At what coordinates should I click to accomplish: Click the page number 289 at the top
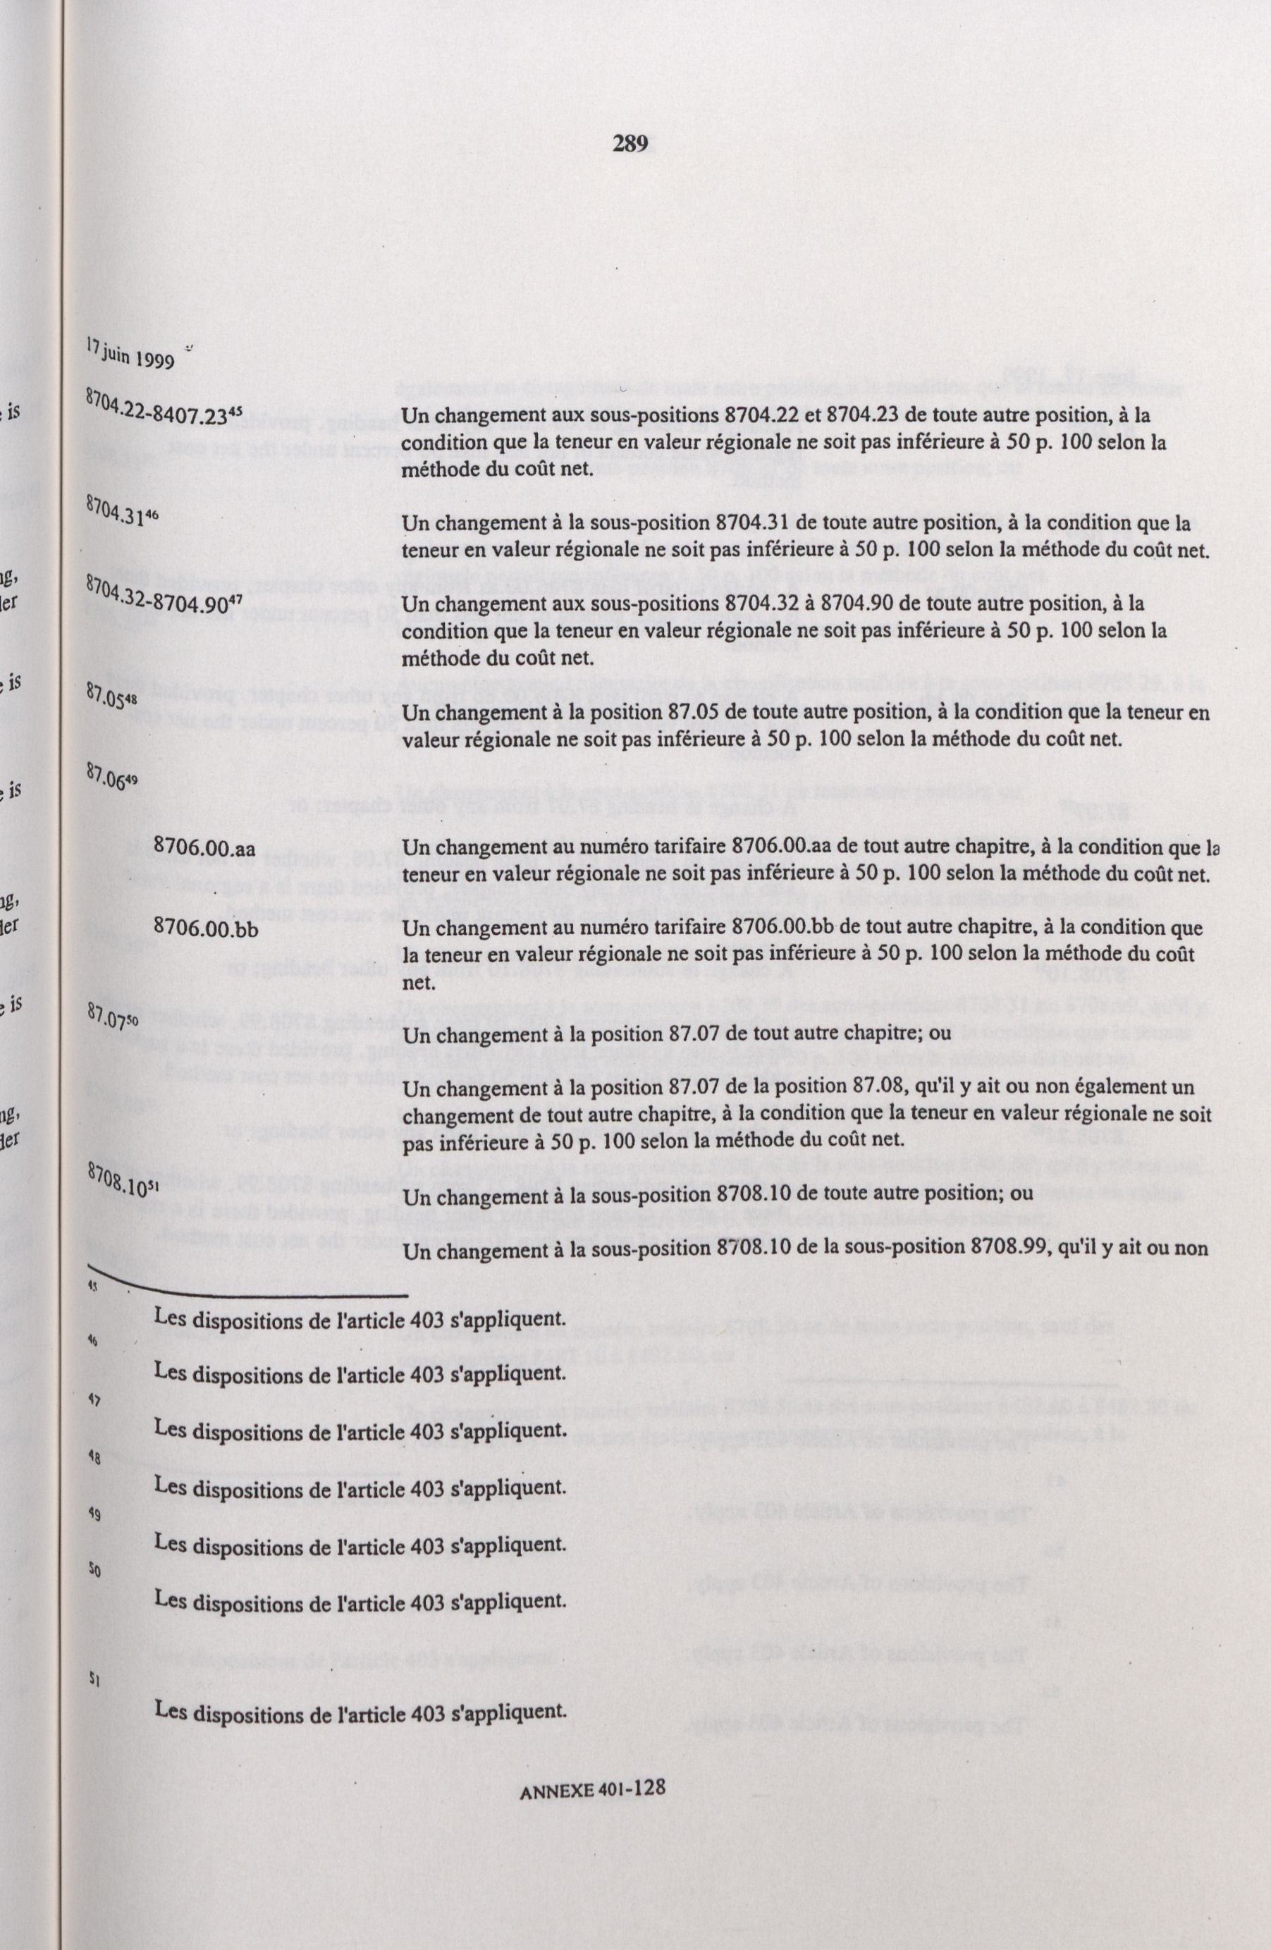630,145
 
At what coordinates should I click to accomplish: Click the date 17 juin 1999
130,357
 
